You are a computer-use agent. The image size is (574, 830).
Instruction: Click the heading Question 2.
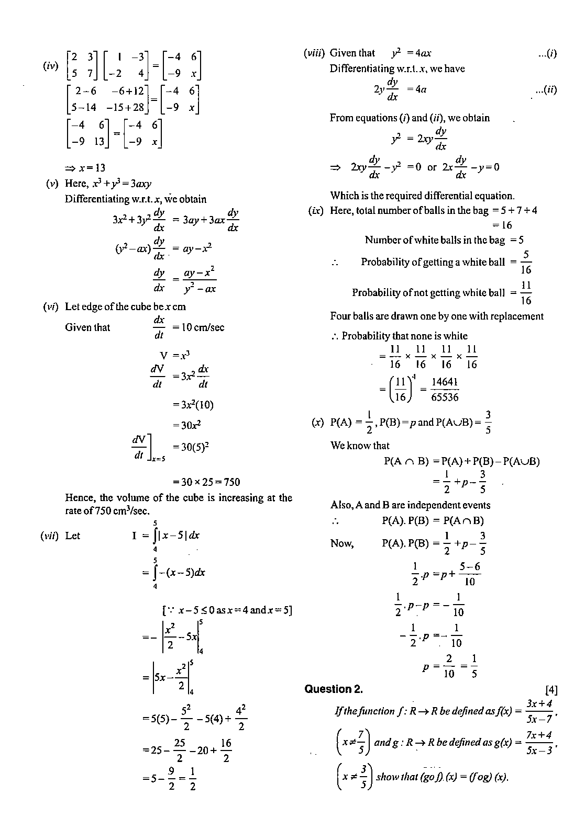pyautogui.click(x=334, y=689)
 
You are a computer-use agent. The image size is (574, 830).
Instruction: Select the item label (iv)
pyautogui.click(x=50, y=66)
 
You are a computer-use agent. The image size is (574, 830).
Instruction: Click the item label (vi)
pyautogui.click(x=51, y=307)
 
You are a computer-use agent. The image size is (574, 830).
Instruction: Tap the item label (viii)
pyautogui.click(x=314, y=53)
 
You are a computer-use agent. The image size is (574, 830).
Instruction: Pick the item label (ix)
pyautogui.click(x=316, y=211)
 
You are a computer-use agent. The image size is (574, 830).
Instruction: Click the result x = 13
pyautogui.click(x=85, y=168)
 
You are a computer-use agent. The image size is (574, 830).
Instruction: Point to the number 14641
pyautogui.click(x=445, y=382)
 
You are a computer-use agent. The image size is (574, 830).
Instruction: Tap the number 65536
pyautogui.click(x=445, y=397)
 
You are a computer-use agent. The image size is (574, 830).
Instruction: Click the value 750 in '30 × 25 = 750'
pyautogui.click(x=230, y=482)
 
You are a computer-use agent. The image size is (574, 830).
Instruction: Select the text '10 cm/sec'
pyautogui.click(x=202, y=328)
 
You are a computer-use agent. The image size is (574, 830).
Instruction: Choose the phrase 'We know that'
pyautogui.click(x=360, y=446)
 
